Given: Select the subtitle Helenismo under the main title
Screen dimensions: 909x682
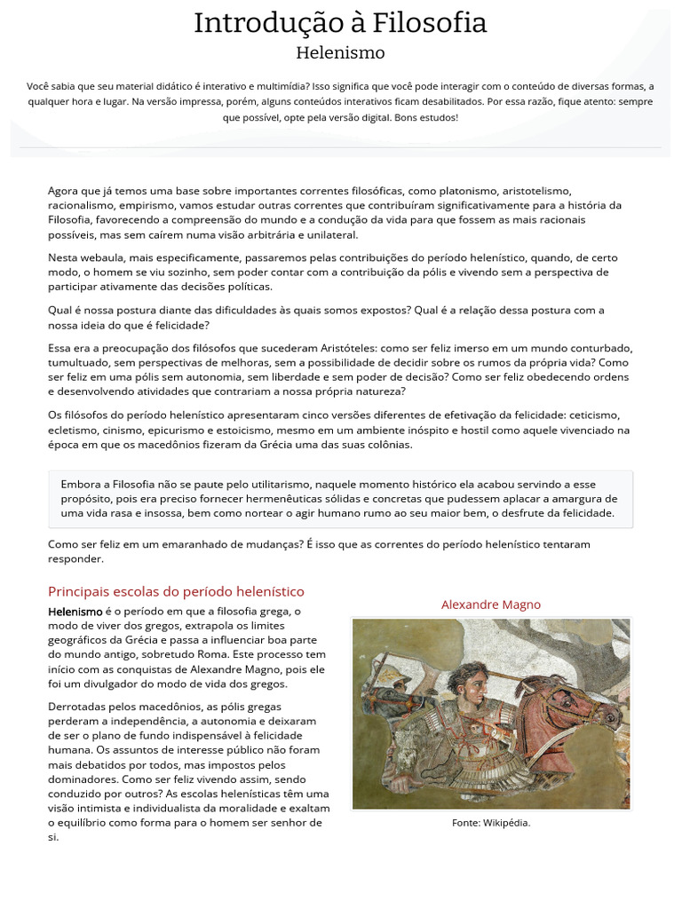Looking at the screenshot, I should [x=340, y=52].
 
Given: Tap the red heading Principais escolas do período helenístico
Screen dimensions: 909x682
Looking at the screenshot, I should [x=176, y=591].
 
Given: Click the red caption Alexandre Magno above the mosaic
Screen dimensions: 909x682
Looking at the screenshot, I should [x=490, y=605].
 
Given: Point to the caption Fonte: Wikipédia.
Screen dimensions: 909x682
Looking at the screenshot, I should [x=491, y=823].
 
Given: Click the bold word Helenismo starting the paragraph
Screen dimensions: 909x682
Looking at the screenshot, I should [x=75, y=612].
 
